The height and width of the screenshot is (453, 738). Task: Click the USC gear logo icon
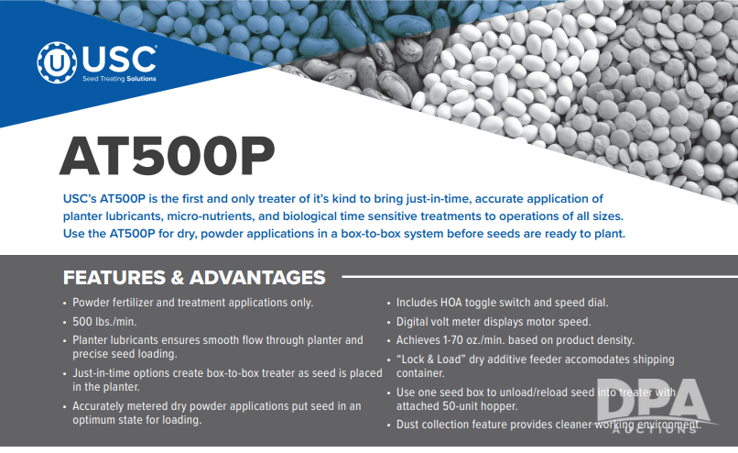57,62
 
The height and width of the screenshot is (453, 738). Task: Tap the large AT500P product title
167,156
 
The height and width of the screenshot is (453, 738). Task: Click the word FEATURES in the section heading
114,278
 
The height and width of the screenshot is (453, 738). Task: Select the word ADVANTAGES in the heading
257,278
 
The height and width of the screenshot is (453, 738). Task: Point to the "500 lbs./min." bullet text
104,322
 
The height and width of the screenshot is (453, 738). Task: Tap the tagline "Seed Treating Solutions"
119,79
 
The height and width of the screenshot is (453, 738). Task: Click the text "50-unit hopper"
480,406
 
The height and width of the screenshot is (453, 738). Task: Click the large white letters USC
119,60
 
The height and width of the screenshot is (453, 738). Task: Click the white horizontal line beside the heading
540,276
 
